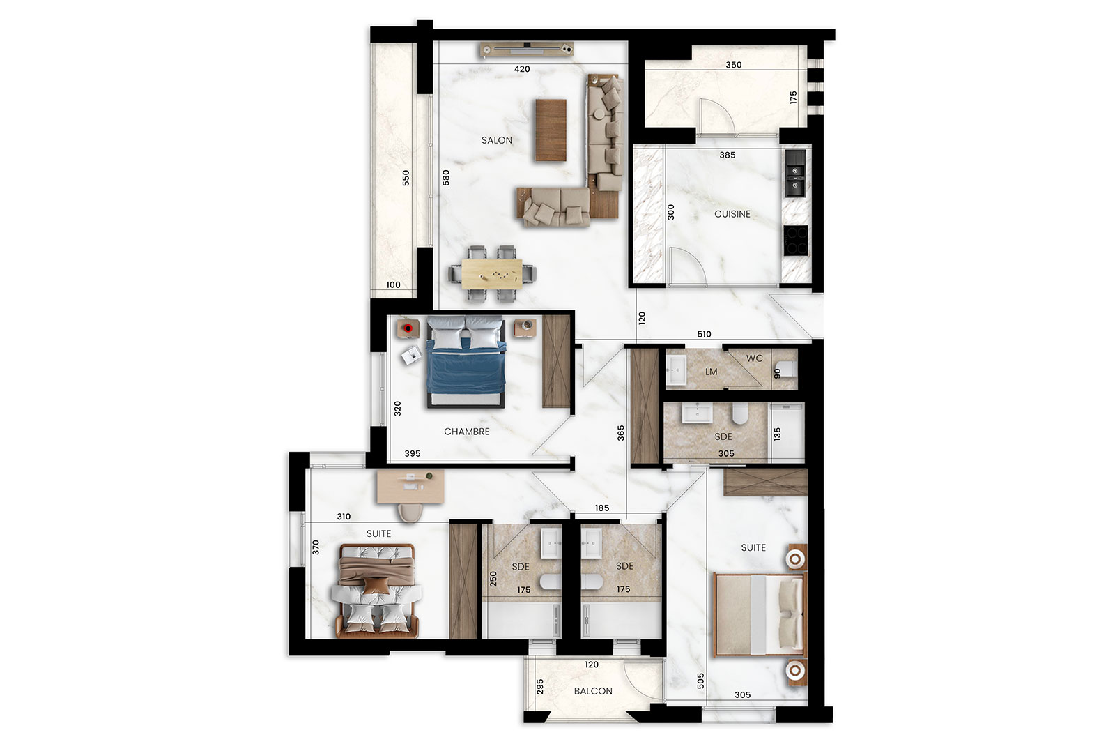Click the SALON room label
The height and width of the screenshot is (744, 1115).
tap(496, 140)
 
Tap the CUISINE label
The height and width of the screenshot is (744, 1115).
tap(732, 214)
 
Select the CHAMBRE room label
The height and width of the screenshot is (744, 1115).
tap(466, 432)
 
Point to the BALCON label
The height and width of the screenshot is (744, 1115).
tap(593, 691)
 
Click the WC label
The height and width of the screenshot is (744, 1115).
tap(755, 358)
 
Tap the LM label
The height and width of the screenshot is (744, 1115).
tap(711, 372)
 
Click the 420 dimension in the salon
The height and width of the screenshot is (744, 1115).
tap(522, 69)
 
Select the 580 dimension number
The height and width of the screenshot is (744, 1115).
tap(446, 178)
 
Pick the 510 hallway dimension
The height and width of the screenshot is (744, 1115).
tap(704, 334)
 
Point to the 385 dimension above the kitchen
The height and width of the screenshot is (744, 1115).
tap(728, 155)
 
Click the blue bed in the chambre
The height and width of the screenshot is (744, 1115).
tap(466, 362)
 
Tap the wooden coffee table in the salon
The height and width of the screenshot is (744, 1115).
tap(551, 130)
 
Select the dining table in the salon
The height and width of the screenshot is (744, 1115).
tap(492, 274)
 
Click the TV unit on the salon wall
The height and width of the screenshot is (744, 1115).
tap(527, 49)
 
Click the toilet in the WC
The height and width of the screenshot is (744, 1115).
tap(786, 370)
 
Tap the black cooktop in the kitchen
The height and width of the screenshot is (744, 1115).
tap(795, 241)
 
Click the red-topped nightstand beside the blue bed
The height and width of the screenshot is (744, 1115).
tap(408, 328)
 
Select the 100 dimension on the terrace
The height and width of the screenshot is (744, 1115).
tap(393, 285)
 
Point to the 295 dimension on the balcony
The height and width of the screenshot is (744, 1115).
tap(540, 687)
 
